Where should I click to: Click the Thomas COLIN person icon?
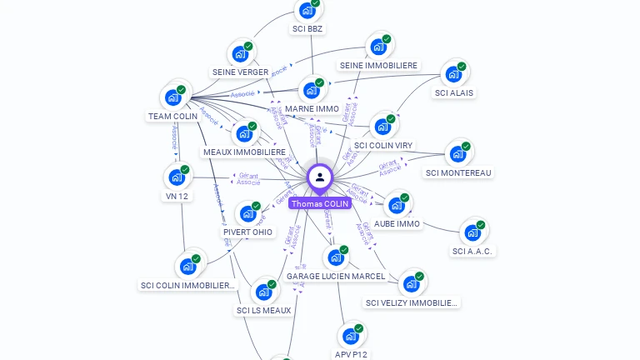320,177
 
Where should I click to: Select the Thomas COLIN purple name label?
320,203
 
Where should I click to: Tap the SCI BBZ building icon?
307,11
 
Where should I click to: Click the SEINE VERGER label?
240,72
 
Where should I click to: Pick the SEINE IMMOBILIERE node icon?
379,47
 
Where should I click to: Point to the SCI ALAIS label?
454,92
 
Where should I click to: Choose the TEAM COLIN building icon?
173,97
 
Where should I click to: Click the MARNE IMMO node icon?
312,90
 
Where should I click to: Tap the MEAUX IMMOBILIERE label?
244,152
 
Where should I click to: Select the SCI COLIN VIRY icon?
382,127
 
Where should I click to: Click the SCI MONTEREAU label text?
458,172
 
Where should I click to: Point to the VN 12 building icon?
177,177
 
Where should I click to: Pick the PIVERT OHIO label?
247,232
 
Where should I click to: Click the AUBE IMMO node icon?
397,205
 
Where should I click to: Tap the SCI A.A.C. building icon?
472,232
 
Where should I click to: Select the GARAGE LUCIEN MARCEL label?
336,276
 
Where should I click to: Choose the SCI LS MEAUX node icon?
263,292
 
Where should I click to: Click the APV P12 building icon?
351,336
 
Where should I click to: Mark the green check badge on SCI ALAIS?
462,67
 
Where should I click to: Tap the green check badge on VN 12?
185,169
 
